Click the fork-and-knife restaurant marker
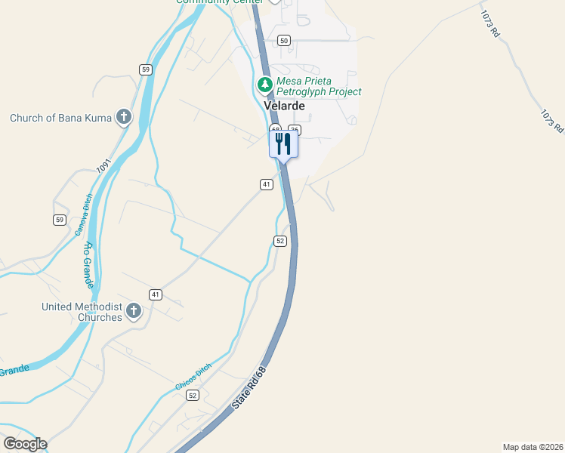click(x=283, y=143)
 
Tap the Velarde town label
click(x=284, y=106)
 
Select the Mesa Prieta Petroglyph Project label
click(x=319, y=86)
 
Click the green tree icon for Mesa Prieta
click(x=265, y=85)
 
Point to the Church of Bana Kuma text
click(x=60, y=118)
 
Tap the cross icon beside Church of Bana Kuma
click(x=124, y=117)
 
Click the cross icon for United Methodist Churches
click(x=134, y=310)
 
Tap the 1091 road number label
click(x=103, y=166)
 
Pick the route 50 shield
click(x=283, y=40)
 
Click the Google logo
click(x=24, y=444)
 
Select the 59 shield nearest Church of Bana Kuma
click(x=146, y=69)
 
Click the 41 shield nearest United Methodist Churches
click(x=155, y=294)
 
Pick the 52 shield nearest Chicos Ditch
click(x=193, y=396)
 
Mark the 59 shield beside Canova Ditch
click(x=59, y=220)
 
